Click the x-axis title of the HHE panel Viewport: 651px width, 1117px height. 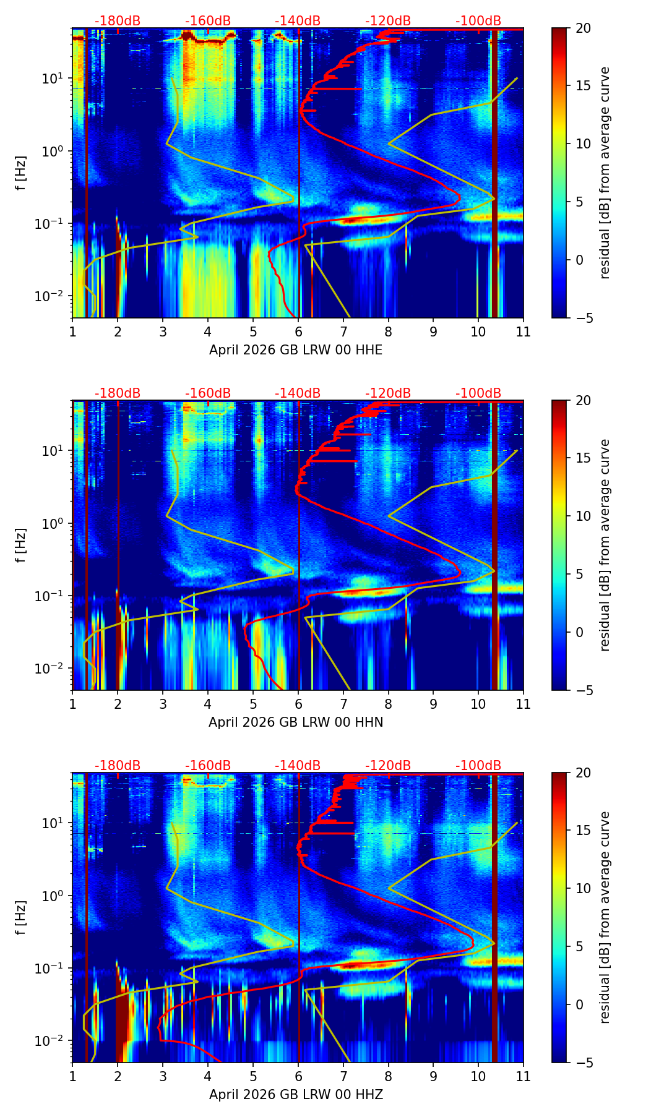(295, 350)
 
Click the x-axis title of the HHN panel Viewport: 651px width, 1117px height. (295, 722)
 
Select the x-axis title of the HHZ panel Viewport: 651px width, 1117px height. (295, 1095)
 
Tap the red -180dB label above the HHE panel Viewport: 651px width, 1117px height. (118, 21)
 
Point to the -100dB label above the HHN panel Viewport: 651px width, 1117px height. (478, 393)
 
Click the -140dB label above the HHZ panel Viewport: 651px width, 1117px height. (298, 766)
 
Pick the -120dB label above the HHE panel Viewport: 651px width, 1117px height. (388, 21)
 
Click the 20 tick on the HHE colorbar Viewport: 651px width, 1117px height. (584, 28)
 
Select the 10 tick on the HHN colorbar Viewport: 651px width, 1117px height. (584, 516)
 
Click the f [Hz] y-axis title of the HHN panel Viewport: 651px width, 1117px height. (21, 545)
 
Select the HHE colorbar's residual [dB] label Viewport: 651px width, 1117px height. (605, 173)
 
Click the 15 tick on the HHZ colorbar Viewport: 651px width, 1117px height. (584, 831)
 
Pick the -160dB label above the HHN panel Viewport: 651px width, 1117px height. (207, 393)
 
